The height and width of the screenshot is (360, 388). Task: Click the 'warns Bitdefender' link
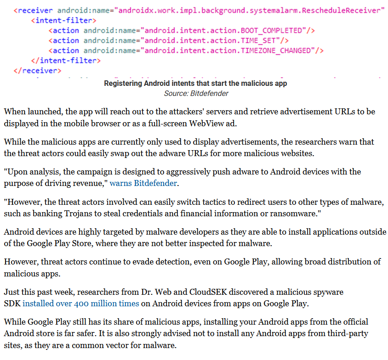tap(143, 183)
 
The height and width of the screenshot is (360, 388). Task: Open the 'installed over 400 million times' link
tap(81, 304)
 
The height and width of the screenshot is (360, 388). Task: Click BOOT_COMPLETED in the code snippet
tap(271, 31)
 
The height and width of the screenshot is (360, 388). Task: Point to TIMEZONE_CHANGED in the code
tap(276, 51)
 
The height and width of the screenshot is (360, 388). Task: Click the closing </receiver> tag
tap(37, 71)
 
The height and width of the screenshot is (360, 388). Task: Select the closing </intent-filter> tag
tap(66, 61)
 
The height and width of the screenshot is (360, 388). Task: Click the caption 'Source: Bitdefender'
tap(196, 94)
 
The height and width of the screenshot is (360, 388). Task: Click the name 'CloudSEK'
tap(208, 292)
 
